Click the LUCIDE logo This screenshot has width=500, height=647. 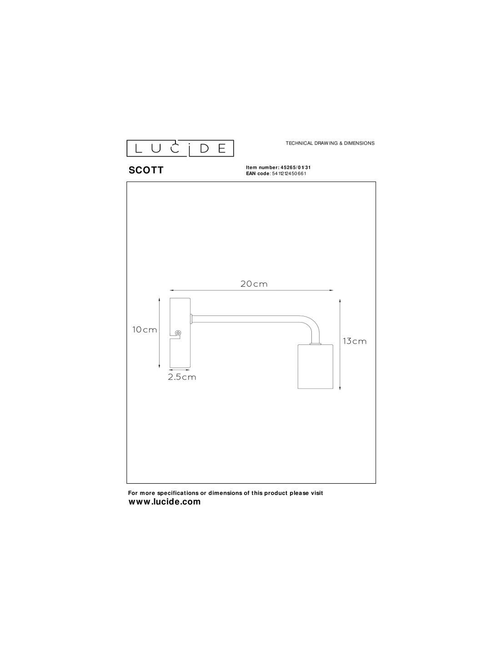[180, 148]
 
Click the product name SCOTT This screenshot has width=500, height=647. [146, 170]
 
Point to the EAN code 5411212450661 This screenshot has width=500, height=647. [289, 173]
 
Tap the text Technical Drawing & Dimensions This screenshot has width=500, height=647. [330, 143]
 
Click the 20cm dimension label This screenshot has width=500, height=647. [254, 284]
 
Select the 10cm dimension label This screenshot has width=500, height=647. [145, 329]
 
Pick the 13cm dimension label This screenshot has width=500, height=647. [355, 341]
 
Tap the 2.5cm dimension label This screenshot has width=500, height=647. [182, 377]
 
